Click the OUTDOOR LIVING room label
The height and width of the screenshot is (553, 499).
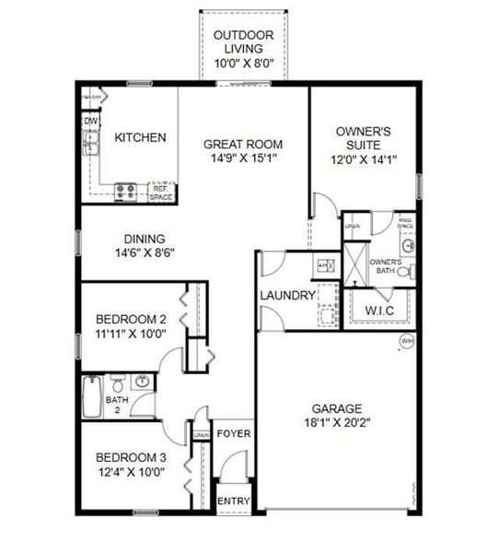(x=238, y=41)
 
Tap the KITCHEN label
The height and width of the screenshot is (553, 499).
(x=140, y=138)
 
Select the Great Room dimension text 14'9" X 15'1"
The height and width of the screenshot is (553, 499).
(x=243, y=158)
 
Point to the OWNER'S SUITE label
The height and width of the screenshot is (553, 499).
(x=363, y=138)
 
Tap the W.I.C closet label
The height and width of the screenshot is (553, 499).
(x=379, y=310)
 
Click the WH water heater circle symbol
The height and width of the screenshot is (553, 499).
(x=406, y=341)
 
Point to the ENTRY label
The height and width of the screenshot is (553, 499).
(x=233, y=501)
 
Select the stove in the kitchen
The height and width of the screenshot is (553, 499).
(x=125, y=192)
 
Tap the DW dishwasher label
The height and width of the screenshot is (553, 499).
(x=90, y=121)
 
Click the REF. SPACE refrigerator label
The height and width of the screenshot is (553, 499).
(x=161, y=192)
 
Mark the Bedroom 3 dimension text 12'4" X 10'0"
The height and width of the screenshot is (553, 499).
(x=131, y=472)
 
